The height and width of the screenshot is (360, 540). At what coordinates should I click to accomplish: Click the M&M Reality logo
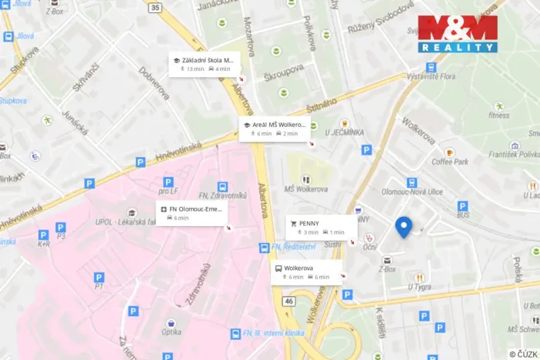point(458,34)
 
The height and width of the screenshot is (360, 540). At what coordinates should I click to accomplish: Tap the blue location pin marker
point(403,226)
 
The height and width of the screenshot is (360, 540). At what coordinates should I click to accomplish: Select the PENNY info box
point(322,228)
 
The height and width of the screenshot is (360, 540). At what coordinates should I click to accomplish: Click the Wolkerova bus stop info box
point(307,272)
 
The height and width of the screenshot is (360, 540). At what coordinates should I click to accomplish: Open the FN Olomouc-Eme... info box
point(191,213)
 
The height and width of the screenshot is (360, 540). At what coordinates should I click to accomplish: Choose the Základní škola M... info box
point(204,64)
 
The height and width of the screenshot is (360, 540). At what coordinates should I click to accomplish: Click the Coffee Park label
point(450,162)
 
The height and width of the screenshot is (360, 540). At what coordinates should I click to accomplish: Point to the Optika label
point(171,332)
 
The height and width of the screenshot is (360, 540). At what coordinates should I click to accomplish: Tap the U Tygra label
point(418,287)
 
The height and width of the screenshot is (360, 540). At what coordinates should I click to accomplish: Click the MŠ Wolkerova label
point(306,189)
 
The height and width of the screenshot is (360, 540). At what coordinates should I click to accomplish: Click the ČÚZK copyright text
point(522,353)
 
